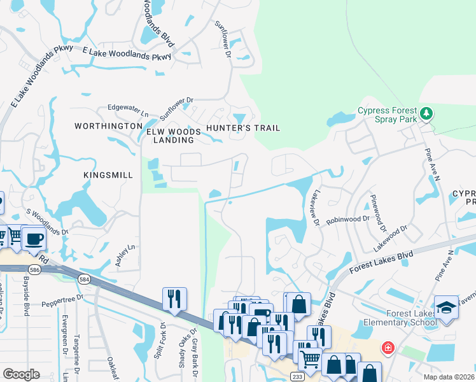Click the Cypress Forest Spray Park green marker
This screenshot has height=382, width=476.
click(x=426, y=114)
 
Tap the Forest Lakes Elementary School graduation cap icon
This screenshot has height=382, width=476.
click(x=446, y=307)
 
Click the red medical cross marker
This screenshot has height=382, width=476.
click(x=387, y=348)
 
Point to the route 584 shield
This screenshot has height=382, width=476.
click(x=84, y=279)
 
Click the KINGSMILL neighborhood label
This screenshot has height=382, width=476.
click(x=108, y=174)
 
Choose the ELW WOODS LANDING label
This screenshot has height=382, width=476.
click(x=174, y=136)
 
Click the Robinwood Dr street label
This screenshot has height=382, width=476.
click(x=347, y=218)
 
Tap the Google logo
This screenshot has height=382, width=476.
click(x=21, y=374)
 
